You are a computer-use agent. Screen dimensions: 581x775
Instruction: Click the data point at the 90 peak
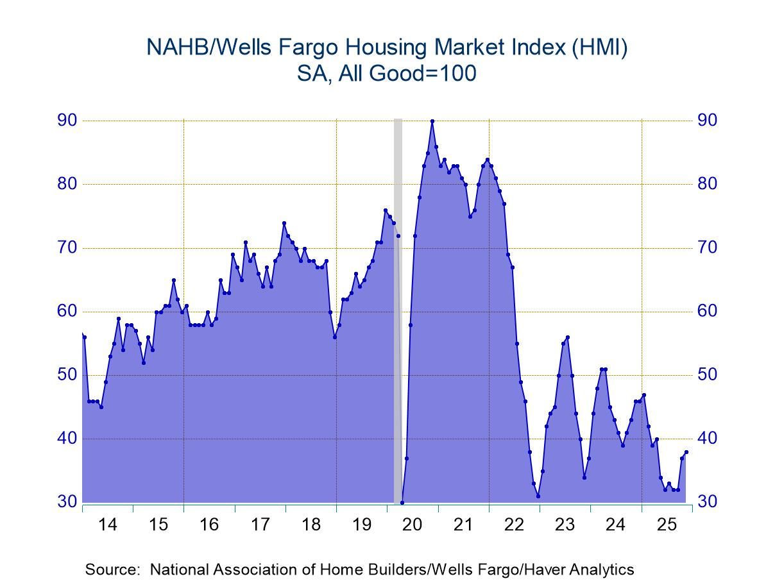pyautogui.click(x=432, y=121)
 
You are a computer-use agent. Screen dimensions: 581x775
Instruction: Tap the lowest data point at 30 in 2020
pyautogui.click(x=402, y=502)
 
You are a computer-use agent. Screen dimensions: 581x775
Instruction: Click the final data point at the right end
pyautogui.click(x=686, y=451)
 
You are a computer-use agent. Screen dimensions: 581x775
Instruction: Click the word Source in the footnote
pyautogui.click(x=108, y=569)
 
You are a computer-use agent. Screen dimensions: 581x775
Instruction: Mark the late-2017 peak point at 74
pyautogui.click(x=284, y=223)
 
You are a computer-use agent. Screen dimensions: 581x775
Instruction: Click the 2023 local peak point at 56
pyautogui.click(x=568, y=337)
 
